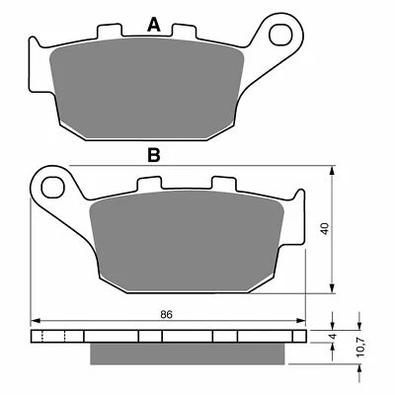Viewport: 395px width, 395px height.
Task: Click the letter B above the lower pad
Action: click(152, 154)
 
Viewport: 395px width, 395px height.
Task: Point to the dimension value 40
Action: click(338, 227)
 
